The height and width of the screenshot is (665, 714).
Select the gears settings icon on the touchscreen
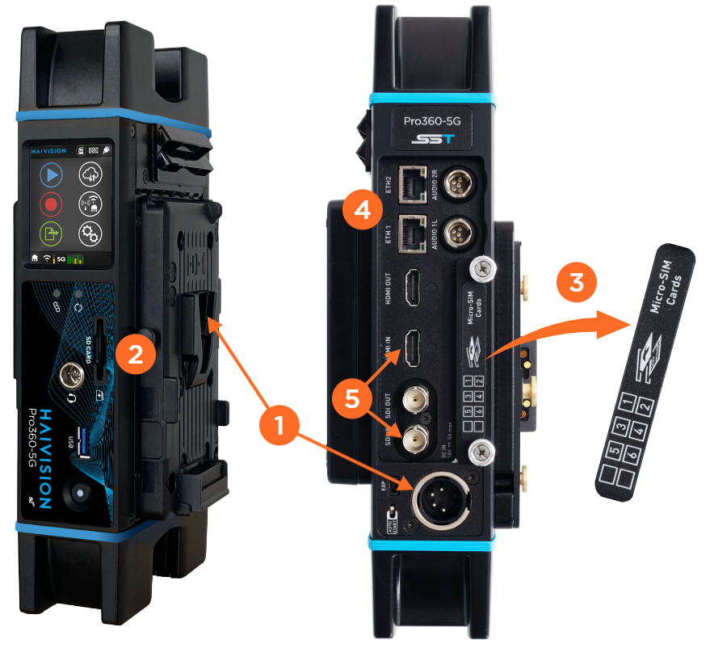[x=90, y=234]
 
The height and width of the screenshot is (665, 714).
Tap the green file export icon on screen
[x=52, y=234]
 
